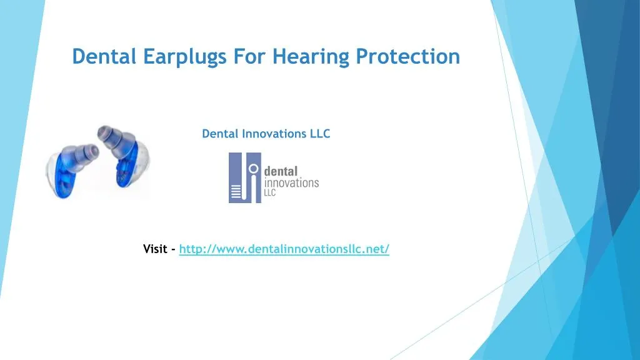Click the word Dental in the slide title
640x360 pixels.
click(104, 56)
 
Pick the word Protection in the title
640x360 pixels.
click(408, 56)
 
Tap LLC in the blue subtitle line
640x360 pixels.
click(320, 134)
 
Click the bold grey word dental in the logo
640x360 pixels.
click(282, 171)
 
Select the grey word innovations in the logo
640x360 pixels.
click(292, 182)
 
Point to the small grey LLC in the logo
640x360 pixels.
click(271, 192)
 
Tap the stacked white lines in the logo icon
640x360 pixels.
click(236, 192)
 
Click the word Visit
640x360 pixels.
click(155, 249)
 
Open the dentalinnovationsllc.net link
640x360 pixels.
click(284, 249)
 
